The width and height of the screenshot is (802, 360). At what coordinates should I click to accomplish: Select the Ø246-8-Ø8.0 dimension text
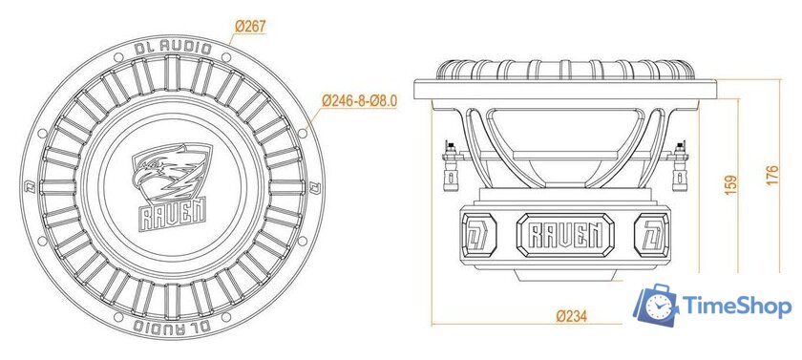pyautogui.click(x=359, y=99)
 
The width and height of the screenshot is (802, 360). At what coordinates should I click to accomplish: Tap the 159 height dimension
pyautogui.click(x=732, y=183)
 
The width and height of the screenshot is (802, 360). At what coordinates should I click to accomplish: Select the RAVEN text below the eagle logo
pyautogui.click(x=169, y=212)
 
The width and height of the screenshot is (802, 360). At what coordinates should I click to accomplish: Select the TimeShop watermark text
pyautogui.click(x=737, y=307)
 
